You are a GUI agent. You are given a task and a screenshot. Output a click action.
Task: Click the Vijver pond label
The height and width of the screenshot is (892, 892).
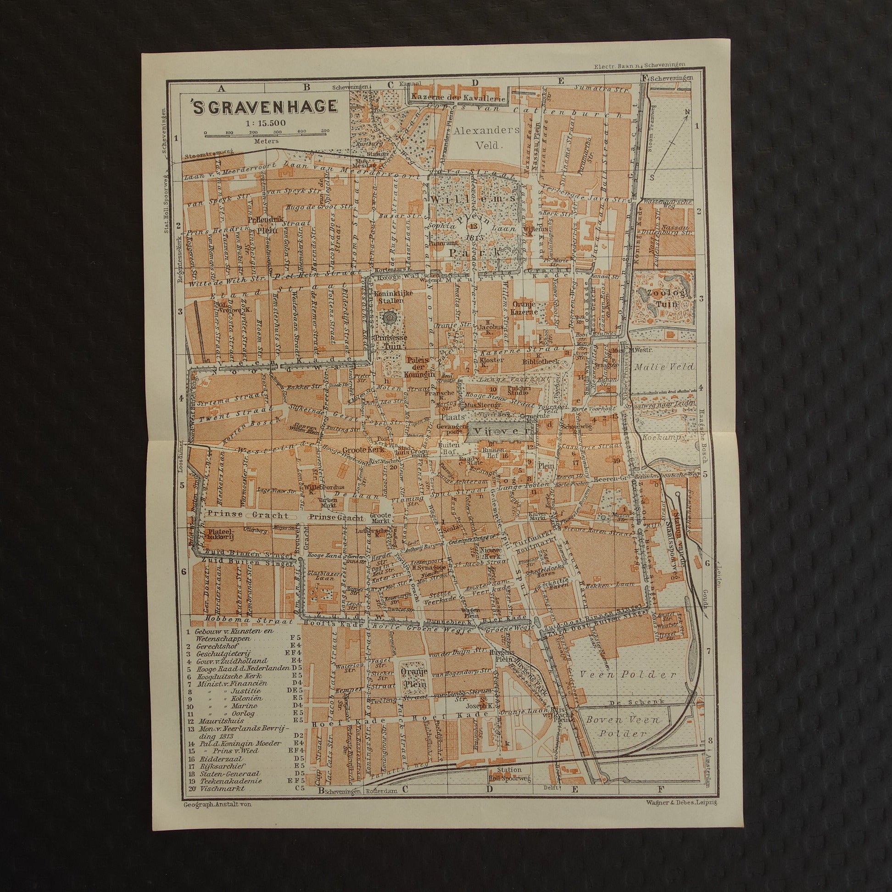500,431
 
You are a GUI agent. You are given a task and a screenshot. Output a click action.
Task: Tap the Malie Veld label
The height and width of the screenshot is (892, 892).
664,367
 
